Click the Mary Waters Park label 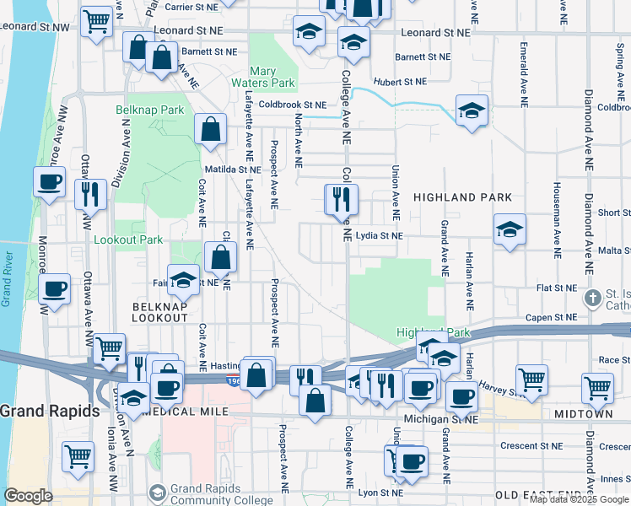pyautogui.click(x=272, y=78)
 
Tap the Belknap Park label pyautogui.click(x=149, y=110)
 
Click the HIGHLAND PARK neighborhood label pyautogui.click(x=462, y=197)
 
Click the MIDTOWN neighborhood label pyautogui.click(x=583, y=415)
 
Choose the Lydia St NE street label pyautogui.click(x=379, y=236)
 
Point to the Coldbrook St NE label pyautogui.click(x=292, y=105)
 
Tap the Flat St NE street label pyautogui.click(x=556, y=288)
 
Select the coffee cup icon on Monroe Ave pyautogui.click(x=49, y=180)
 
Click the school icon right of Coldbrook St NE pyautogui.click(x=472, y=109)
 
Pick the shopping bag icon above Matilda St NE pyautogui.click(x=210, y=129)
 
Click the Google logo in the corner pyautogui.click(x=29, y=496)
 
